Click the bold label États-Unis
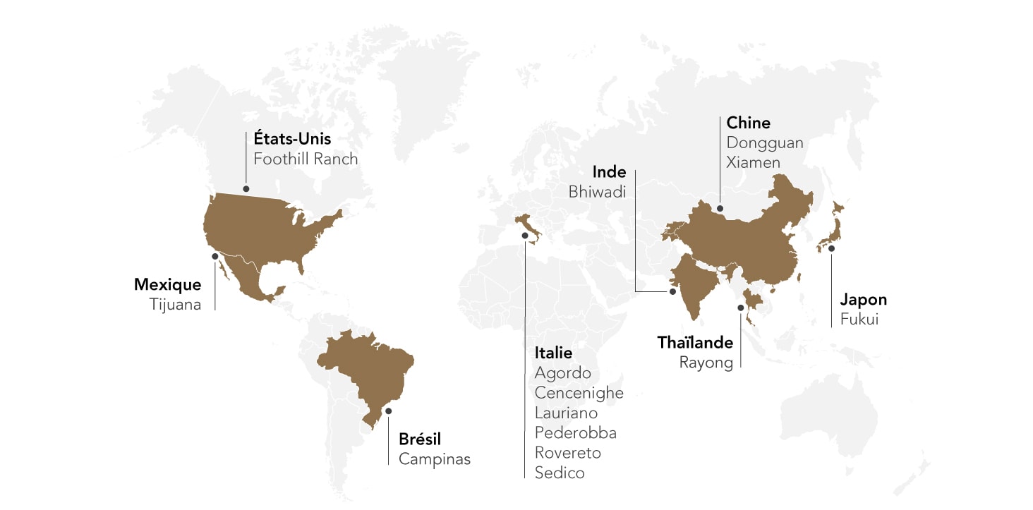coord(292,138)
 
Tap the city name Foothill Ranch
coord(306,159)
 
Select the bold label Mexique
coord(167,285)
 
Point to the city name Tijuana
coord(175,305)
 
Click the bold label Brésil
coord(420,439)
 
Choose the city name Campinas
coord(434,459)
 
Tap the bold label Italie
coord(553,353)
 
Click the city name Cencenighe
coord(579,393)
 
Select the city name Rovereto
coord(567,453)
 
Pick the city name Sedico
coord(560,473)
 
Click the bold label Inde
coord(609,172)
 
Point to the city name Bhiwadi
coord(597,192)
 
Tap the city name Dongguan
coord(765,142)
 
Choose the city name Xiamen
coord(754,162)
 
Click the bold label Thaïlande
coord(695,343)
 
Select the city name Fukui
coord(859,319)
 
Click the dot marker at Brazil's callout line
coord(388,411)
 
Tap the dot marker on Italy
coord(525,236)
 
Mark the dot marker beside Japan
coord(831,248)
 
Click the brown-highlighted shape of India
coord(695,282)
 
